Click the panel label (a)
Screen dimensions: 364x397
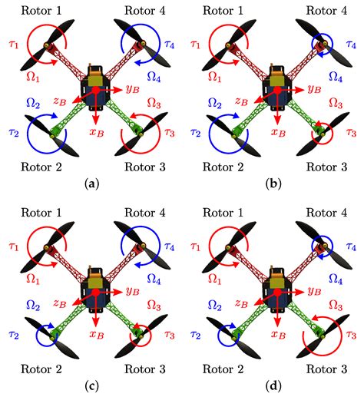(x=91, y=184)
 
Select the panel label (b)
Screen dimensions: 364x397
(x=273, y=184)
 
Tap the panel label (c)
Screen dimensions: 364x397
(x=91, y=385)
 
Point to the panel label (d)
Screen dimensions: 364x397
(x=273, y=385)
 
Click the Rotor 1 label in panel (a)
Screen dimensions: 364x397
(x=41, y=11)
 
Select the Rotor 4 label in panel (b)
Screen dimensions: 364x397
(x=326, y=11)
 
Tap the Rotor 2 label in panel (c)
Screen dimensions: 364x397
(x=41, y=369)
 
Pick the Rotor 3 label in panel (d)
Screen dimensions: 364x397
(x=326, y=369)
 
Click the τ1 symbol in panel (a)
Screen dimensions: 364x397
(x=14, y=45)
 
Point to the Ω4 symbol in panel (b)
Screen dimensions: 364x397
(x=336, y=77)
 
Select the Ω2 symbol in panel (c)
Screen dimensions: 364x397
(x=33, y=305)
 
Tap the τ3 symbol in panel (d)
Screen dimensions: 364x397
(x=351, y=334)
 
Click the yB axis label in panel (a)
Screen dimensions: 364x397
(x=133, y=88)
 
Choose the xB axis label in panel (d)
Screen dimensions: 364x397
(x=279, y=334)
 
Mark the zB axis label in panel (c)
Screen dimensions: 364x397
(x=60, y=303)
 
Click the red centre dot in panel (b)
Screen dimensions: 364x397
(x=277, y=90)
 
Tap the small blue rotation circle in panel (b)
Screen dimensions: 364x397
(x=322, y=45)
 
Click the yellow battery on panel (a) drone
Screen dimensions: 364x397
(x=95, y=78)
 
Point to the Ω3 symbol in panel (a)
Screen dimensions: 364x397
(x=154, y=103)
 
